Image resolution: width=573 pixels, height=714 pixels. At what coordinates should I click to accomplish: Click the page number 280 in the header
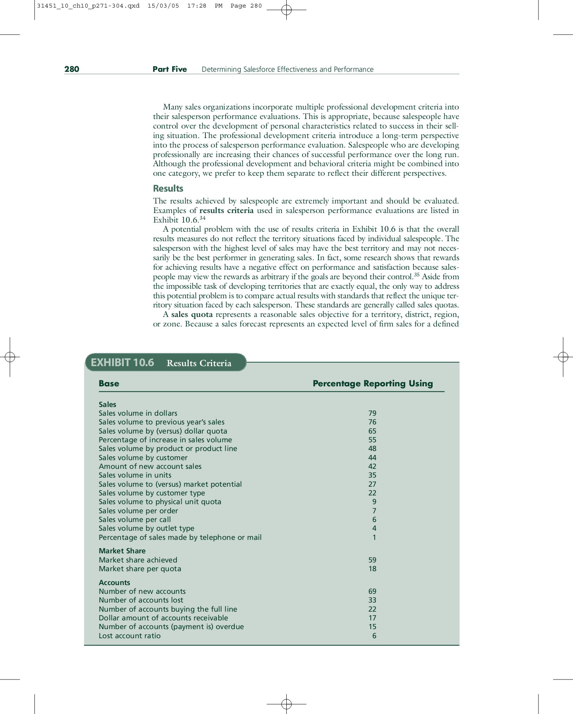point(72,69)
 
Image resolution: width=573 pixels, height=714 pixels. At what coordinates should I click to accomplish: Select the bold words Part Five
point(169,69)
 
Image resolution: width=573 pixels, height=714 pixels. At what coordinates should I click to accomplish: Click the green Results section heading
point(168,188)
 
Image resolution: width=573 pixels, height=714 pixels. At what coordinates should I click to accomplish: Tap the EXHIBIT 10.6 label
point(122,363)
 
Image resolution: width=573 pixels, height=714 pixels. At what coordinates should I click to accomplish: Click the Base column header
point(109,384)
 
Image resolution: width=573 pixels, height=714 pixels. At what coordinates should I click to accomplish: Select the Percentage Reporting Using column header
point(372,384)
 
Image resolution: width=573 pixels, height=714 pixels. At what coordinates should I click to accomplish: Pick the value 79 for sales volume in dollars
point(372,413)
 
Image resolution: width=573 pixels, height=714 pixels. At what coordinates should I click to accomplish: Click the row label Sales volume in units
point(135,475)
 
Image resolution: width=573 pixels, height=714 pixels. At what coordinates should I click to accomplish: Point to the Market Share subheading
point(122,551)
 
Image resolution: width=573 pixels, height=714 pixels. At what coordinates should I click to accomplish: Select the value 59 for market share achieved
point(372,560)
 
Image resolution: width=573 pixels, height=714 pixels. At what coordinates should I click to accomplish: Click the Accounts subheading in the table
point(114,583)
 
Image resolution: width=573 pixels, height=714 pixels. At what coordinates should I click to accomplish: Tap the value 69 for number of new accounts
point(372,591)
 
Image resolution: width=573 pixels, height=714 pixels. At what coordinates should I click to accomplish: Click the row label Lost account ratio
point(129,636)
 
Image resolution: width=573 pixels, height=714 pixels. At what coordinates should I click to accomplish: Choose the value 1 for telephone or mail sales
point(374,537)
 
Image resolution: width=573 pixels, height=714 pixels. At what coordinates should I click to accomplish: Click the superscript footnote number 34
point(202,218)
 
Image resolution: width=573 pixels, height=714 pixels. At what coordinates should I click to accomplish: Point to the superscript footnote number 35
point(416,274)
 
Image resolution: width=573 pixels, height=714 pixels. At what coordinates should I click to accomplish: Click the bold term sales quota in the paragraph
point(192,315)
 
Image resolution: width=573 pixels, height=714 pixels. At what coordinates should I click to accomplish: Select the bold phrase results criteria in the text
point(226,211)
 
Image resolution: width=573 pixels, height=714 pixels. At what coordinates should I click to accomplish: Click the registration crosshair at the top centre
point(286,10)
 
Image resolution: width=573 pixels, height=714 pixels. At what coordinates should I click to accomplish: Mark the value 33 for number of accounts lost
point(372,600)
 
